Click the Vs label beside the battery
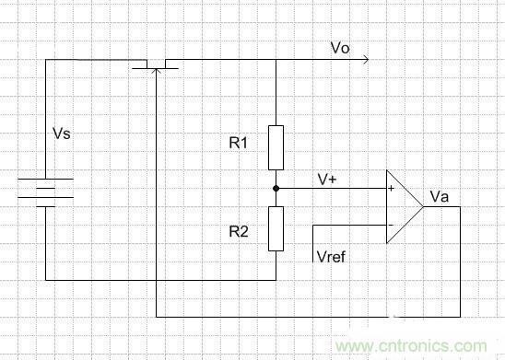point(61,134)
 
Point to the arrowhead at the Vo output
point(367,61)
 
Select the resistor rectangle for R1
point(276,147)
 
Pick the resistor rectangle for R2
point(276,228)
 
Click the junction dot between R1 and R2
point(276,187)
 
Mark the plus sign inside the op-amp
point(392,189)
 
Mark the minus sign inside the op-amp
point(392,225)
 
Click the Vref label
point(330,257)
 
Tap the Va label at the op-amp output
point(439,196)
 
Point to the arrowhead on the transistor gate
point(155,73)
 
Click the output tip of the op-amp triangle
point(423,206)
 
